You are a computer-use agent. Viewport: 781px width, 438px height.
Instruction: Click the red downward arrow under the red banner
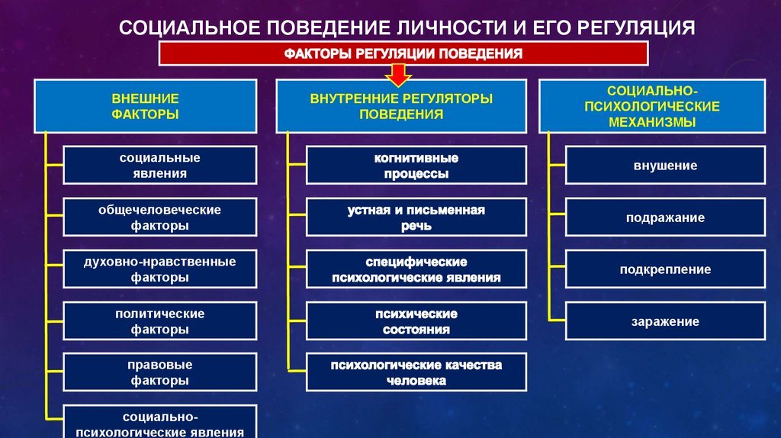pos(398,75)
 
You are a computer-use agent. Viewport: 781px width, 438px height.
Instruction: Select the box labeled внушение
pos(665,166)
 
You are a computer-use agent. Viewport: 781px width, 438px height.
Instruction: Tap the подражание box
pos(665,217)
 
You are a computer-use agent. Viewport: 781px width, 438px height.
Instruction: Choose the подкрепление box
pos(665,269)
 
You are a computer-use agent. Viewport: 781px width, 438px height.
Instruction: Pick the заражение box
pos(665,321)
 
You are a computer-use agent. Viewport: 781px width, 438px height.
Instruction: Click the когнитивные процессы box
pos(416,166)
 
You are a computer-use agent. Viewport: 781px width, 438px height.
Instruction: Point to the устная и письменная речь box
pos(416,217)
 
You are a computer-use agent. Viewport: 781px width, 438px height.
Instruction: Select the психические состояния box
pos(416,321)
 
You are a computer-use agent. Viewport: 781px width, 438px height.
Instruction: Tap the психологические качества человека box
pos(416,372)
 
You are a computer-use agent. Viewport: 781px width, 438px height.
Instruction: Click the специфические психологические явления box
pos(416,269)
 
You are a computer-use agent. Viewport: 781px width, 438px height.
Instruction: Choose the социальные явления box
pos(160,166)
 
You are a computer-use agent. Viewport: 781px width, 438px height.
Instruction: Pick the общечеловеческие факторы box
pos(160,217)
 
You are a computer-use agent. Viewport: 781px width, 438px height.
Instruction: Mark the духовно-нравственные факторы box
pos(160,269)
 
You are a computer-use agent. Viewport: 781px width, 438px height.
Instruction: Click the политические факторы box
pos(160,321)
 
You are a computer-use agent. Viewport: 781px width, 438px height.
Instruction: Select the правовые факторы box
pos(160,372)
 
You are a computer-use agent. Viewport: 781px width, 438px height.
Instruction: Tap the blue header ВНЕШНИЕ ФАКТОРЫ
pos(146,106)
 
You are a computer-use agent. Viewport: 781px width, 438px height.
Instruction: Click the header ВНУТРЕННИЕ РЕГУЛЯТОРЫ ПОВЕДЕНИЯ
pos(401,106)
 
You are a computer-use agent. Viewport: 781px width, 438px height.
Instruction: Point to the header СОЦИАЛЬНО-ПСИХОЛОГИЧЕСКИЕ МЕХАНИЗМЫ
pos(652,106)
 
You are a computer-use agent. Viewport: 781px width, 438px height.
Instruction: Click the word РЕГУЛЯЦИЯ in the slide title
pos(636,28)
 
